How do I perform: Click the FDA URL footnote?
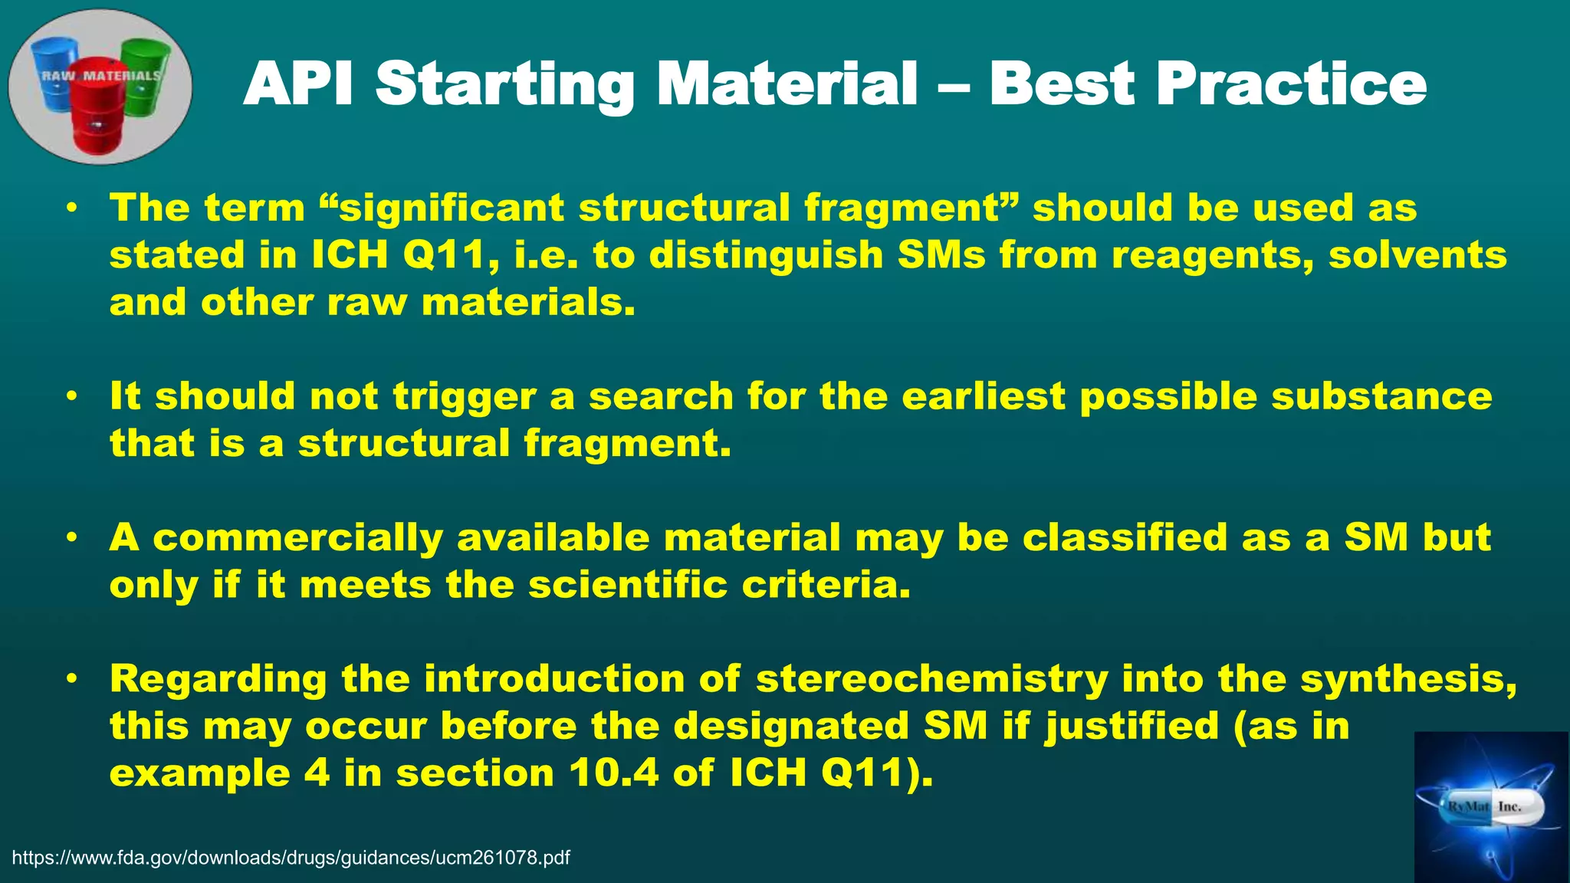pyautogui.click(x=291, y=858)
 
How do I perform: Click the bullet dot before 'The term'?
pyautogui.click(x=71, y=208)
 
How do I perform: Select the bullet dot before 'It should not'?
pyautogui.click(x=71, y=397)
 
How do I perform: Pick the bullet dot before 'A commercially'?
pyautogui.click(x=71, y=538)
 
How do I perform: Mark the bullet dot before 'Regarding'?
pyautogui.click(x=71, y=679)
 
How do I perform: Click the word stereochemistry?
pyautogui.click(x=931, y=680)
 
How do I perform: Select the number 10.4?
pyautogui.click(x=614, y=773)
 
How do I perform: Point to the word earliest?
pyautogui.click(x=983, y=397)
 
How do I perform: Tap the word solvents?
pyautogui.click(x=1417, y=255)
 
